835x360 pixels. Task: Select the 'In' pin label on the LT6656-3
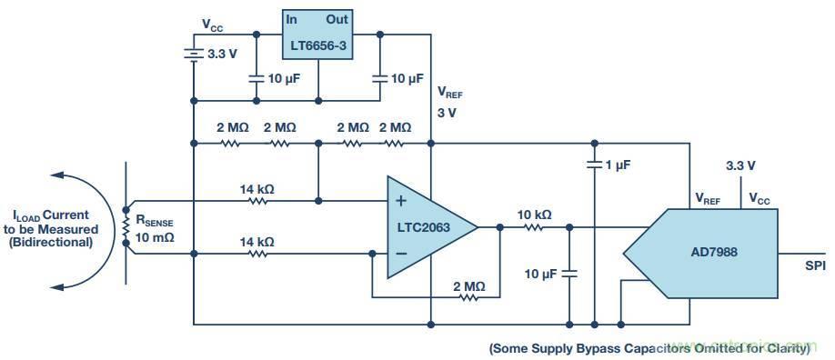(292, 19)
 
